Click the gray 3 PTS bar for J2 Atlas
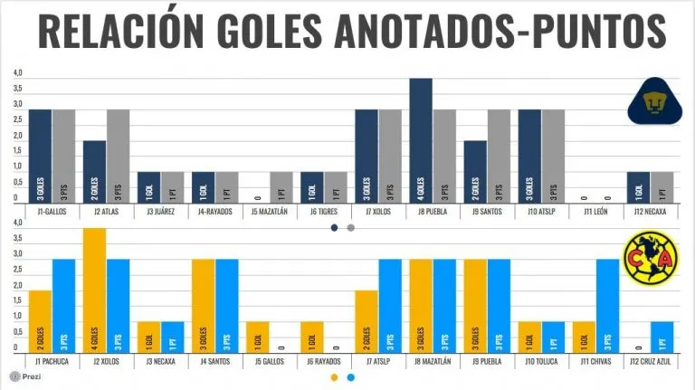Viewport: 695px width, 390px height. tap(118, 156)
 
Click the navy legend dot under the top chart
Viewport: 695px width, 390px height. tap(334, 228)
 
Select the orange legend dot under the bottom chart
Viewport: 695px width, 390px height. tap(334, 377)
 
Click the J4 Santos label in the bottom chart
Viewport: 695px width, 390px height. tap(214, 363)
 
